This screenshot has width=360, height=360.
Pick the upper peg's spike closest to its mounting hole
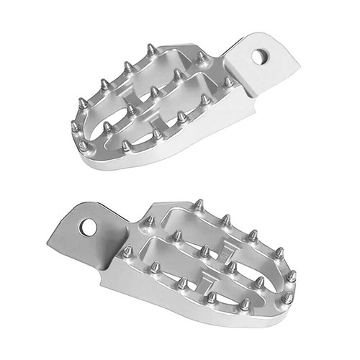tap(228, 81)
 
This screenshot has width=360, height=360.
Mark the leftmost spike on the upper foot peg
tap(74, 127)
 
